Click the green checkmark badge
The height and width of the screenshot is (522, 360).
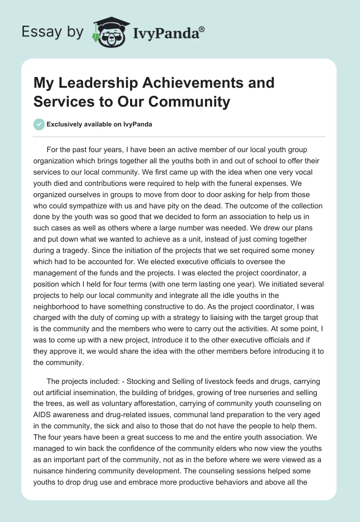(x=39, y=124)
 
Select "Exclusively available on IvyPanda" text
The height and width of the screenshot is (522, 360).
(x=99, y=125)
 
